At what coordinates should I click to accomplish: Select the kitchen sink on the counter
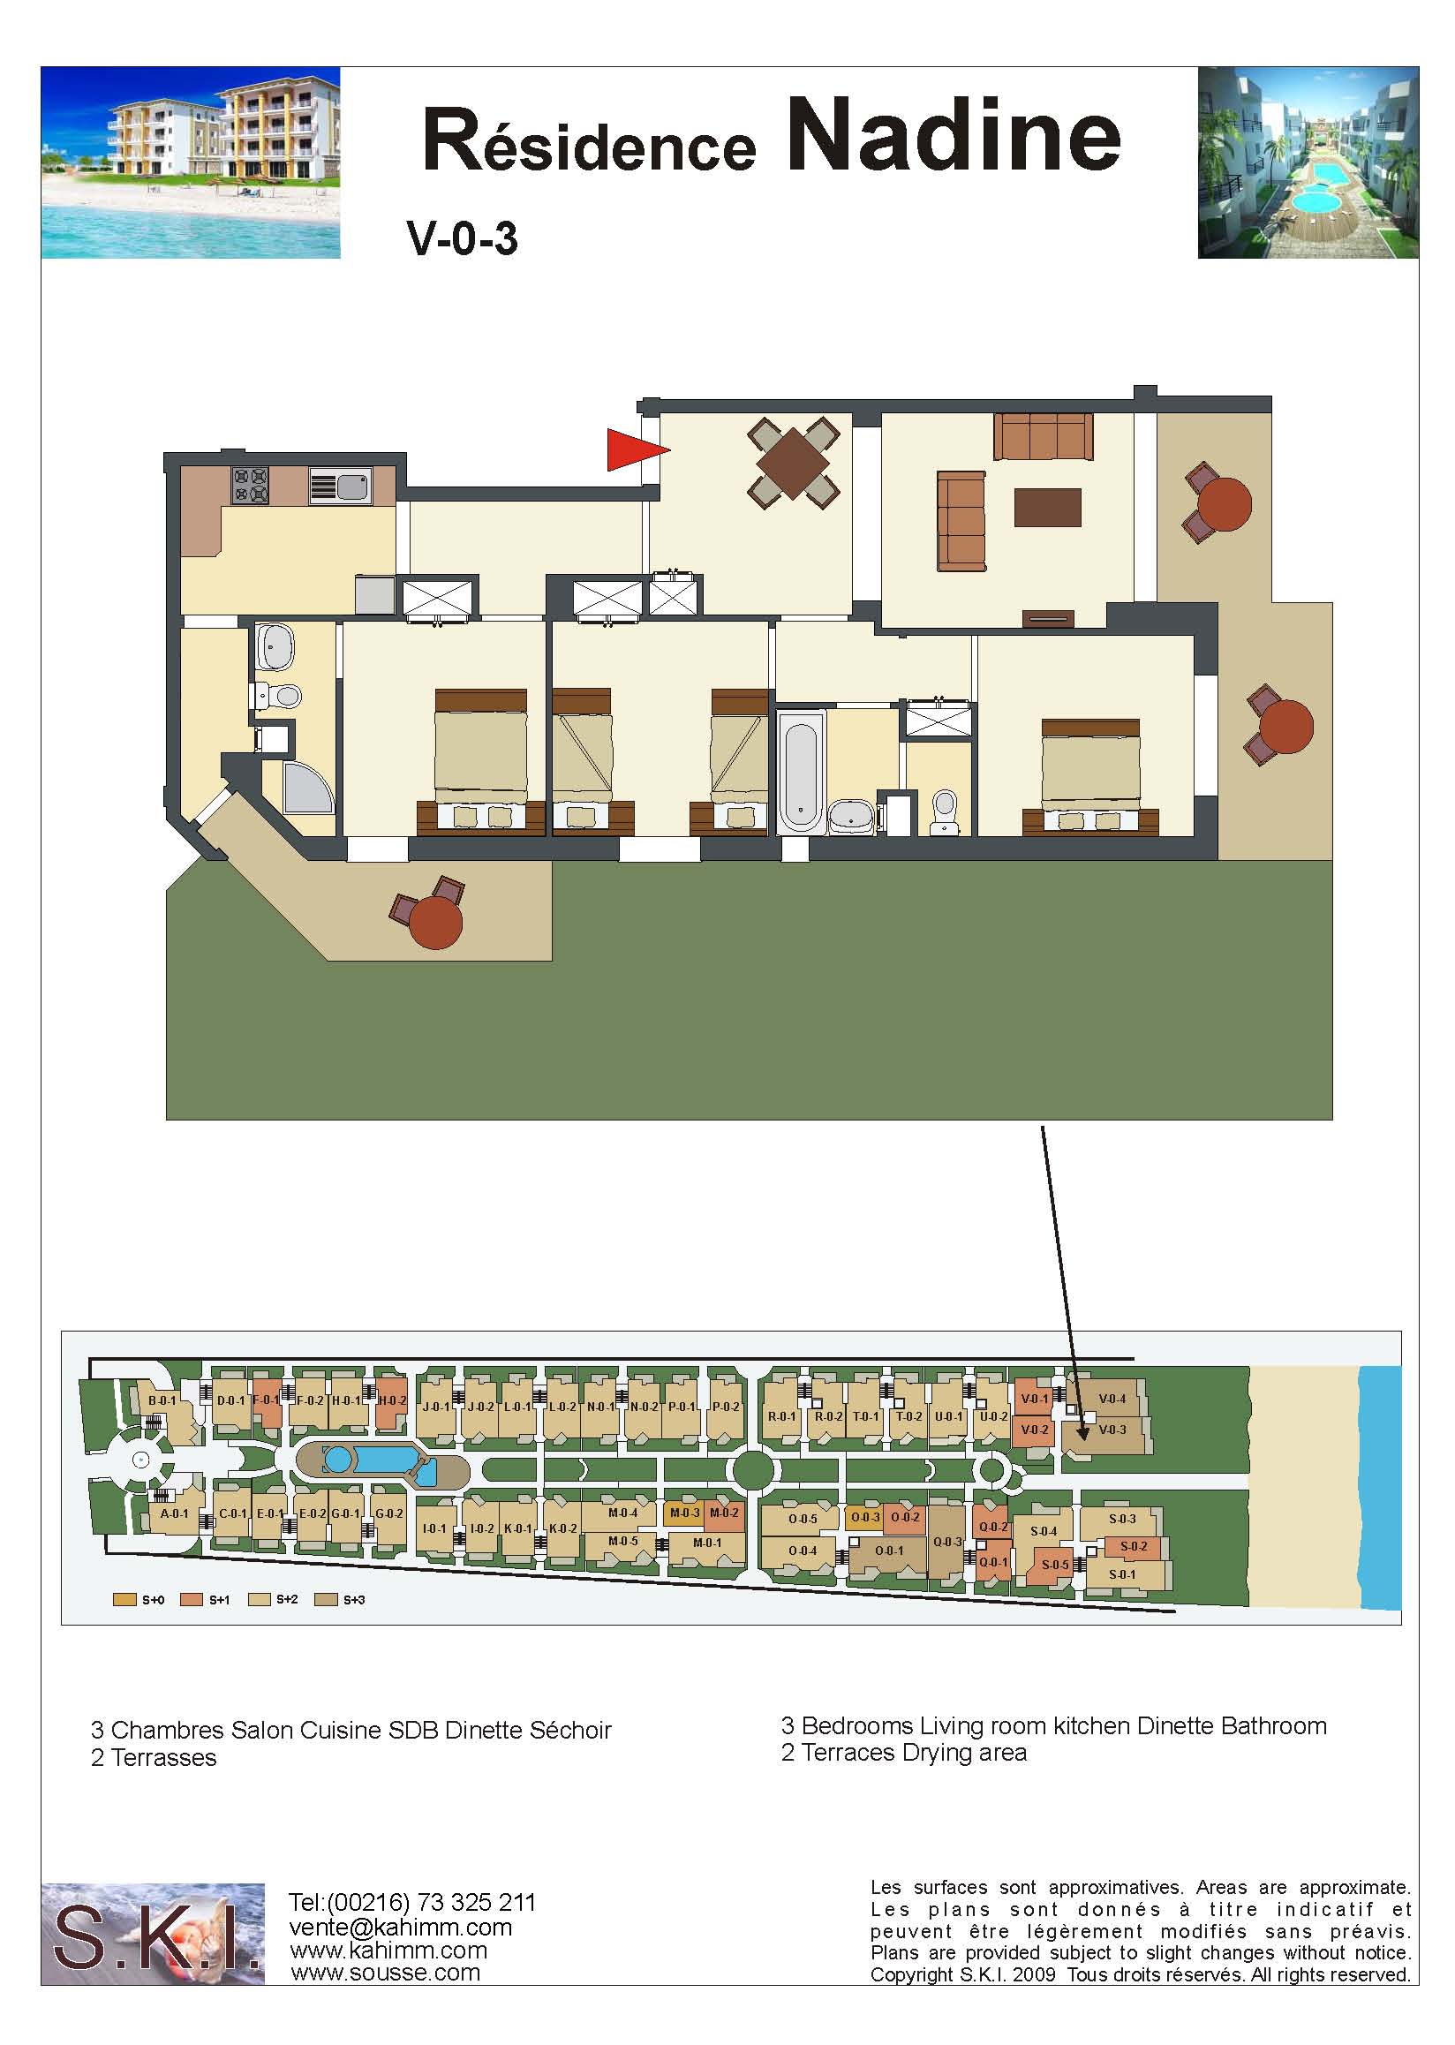pos(340,487)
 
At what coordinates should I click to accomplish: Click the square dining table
pos(794,463)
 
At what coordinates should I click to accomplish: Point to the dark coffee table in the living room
pos(1047,506)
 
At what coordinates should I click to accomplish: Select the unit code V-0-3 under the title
pos(463,239)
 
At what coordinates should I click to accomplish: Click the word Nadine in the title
pos(954,136)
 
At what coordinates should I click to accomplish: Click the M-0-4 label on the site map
pos(622,1513)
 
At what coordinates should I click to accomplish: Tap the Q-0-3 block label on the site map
pos(947,1543)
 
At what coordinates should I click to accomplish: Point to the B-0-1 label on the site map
pos(162,1400)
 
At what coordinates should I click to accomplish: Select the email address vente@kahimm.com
pos(401,1927)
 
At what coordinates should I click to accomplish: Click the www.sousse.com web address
pos(385,1973)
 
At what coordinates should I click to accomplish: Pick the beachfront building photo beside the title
pos(191,163)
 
